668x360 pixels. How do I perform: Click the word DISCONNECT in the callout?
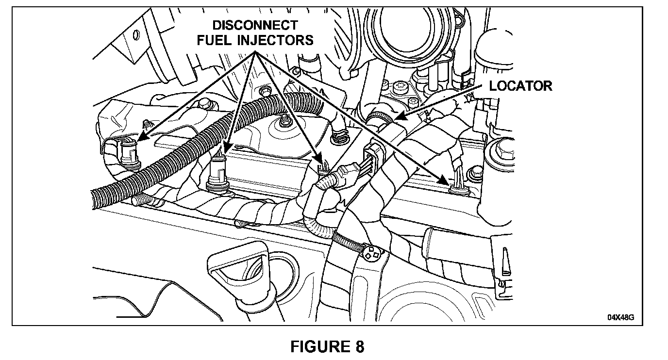tap(255, 25)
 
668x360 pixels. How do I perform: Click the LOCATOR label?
tap(520, 86)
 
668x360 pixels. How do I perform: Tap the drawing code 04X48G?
tap(620, 318)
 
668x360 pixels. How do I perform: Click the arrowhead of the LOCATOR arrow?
tap(397, 117)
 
